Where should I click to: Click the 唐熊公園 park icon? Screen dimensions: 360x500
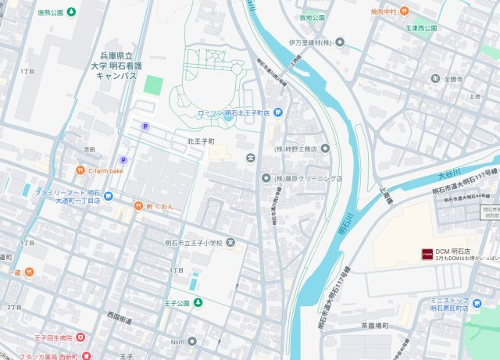[72, 12]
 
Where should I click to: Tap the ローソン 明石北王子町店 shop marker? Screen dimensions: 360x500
[279, 113]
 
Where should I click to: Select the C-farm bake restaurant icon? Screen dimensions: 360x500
[80, 170]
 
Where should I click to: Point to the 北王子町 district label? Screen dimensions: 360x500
[200, 141]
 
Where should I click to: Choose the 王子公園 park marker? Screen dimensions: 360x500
[191, 303]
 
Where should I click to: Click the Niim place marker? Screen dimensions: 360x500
[191, 340]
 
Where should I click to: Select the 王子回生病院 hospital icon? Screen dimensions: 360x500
[80, 337]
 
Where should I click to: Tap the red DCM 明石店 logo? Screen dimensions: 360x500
[427, 253]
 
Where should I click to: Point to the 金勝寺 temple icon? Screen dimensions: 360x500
[434, 79]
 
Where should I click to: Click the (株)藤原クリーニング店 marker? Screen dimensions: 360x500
[266, 179]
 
